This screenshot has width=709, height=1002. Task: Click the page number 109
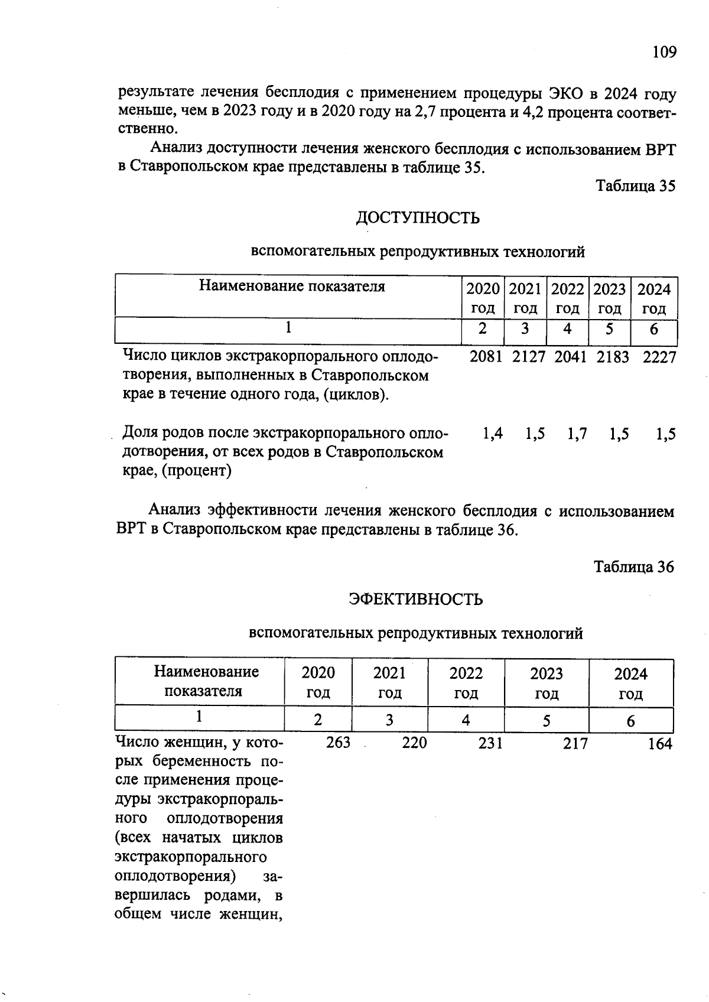coord(664,53)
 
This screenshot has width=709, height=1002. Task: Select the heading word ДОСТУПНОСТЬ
coord(417,218)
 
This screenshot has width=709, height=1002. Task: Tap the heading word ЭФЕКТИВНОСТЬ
coord(415,599)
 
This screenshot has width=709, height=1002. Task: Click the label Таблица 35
coord(635,186)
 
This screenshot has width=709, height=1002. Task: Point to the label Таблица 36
coord(633,567)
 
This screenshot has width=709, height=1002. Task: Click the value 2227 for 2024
coord(659,357)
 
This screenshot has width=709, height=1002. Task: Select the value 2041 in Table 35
coord(570,357)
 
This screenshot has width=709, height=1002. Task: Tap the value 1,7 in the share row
coord(577,434)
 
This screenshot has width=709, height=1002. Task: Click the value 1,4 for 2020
coord(492,434)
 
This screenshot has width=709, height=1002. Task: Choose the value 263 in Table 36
coord(338,743)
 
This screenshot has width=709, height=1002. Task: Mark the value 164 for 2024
coord(659,744)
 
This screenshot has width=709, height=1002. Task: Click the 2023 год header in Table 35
coord(609,298)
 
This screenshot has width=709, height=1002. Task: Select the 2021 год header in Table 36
coord(389,682)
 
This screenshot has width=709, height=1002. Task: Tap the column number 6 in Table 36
coord(630,721)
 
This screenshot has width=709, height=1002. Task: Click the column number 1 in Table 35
coord(288,328)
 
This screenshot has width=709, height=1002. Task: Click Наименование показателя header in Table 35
coord(291,287)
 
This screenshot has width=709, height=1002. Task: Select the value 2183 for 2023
coord(613,357)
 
